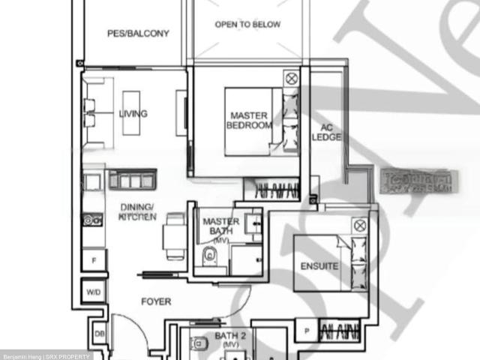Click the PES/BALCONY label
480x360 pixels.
coord(139,33)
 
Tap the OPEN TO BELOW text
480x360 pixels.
coord(247,25)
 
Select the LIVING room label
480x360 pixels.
coord(133,114)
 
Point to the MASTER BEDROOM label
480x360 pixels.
coord(249,121)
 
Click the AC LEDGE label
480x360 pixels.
coord(326,133)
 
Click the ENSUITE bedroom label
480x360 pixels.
coord(319,266)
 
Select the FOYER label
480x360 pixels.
coord(156,302)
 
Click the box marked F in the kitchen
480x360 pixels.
coord(94,261)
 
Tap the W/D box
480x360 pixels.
coord(94,292)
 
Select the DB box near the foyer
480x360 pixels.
coord(98,334)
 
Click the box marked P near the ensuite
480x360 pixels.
coord(306,330)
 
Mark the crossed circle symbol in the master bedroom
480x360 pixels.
coord(290,77)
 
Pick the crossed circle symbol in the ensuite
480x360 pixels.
coord(359,225)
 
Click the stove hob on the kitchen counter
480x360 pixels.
coord(93,220)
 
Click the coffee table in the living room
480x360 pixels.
coord(130,112)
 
